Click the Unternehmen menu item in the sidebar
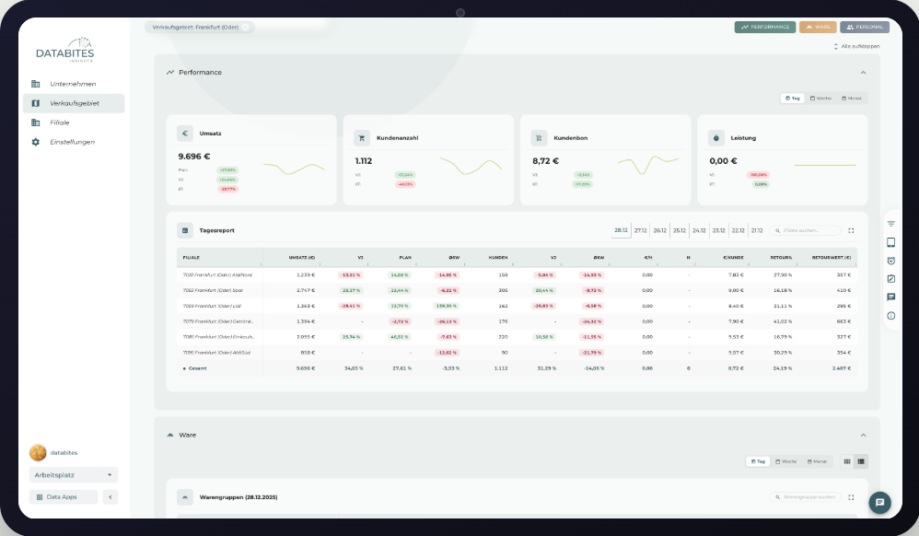[72, 84]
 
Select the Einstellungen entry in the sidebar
[72, 142]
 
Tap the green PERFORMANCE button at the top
[765, 27]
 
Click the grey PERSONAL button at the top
[865, 27]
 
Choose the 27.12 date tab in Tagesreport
[641, 230]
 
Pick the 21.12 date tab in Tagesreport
[757, 230]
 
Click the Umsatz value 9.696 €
[194, 157]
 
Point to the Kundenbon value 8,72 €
[546, 160]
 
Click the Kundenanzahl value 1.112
[364, 160]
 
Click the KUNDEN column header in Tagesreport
[498, 258]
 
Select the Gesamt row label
[197, 367]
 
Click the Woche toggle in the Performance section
[820, 98]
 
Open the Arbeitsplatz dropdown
[74, 475]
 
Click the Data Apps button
[64, 497]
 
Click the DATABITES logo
[65, 52]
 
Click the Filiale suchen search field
[808, 230]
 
